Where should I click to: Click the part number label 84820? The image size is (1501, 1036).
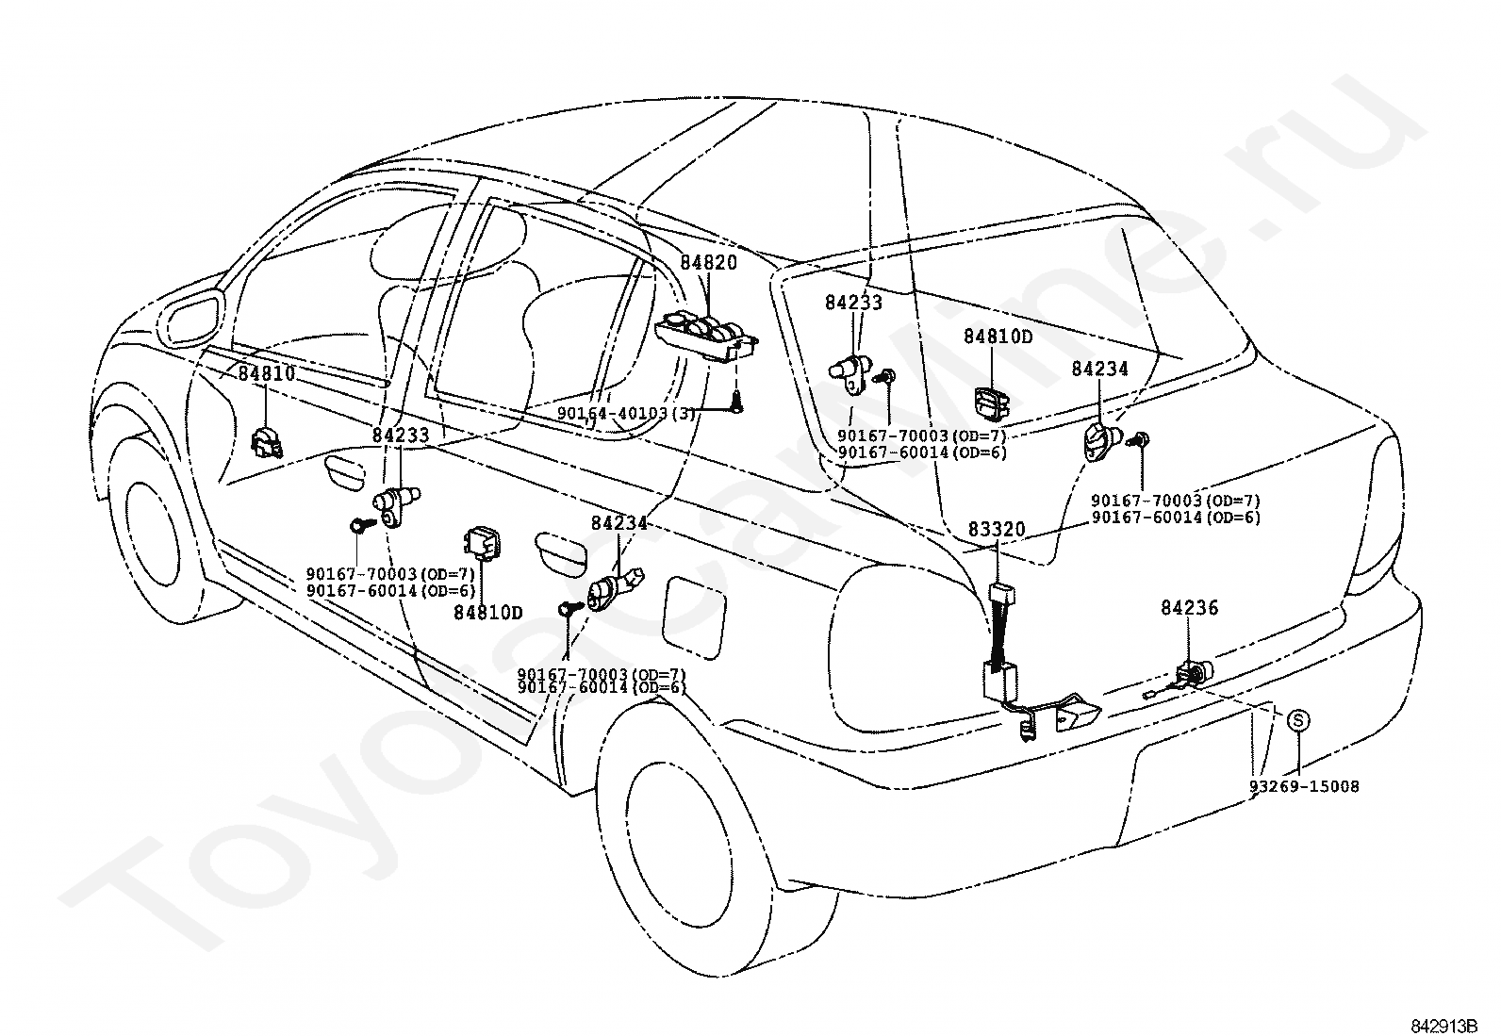(x=708, y=263)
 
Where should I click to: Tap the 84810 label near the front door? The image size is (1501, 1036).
(x=267, y=373)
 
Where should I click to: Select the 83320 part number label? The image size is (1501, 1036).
(x=997, y=530)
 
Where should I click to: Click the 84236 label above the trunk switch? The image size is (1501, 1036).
(x=1190, y=608)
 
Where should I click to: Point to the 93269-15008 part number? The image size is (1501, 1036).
(x=1304, y=787)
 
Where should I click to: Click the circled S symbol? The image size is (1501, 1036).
(x=1298, y=721)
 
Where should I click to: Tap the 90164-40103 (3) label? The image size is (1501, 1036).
(x=626, y=414)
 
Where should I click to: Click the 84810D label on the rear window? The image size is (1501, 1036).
(x=998, y=337)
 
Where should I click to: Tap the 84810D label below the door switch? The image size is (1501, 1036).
(x=488, y=613)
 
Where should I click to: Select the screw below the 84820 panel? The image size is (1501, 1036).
(x=737, y=404)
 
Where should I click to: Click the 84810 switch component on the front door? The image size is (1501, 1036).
(x=267, y=441)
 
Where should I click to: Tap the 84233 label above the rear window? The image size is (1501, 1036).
(x=853, y=303)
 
